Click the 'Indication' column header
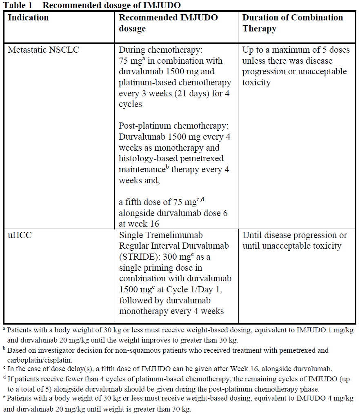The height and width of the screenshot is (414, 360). (x=28, y=18)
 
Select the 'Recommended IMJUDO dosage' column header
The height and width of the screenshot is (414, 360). (x=168, y=23)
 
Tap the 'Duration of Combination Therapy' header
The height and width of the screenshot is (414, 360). (x=293, y=23)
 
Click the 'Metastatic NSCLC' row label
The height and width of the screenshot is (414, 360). (x=44, y=50)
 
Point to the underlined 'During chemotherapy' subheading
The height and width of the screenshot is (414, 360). (x=160, y=50)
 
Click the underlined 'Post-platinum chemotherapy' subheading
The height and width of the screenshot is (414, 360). (x=172, y=126)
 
